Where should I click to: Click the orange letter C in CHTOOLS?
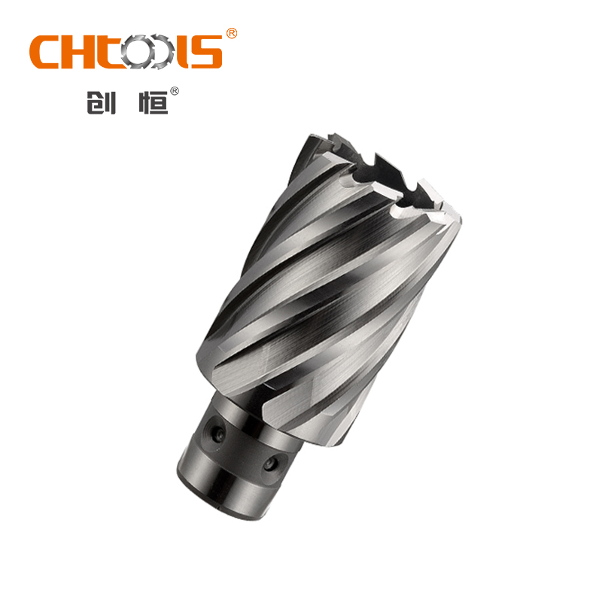(44, 52)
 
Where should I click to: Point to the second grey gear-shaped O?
(160, 51)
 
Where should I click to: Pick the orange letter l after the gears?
(183, 52)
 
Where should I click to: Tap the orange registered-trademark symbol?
(232, 33)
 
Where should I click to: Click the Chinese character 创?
(102, 102)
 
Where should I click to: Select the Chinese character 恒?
(154, 102)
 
